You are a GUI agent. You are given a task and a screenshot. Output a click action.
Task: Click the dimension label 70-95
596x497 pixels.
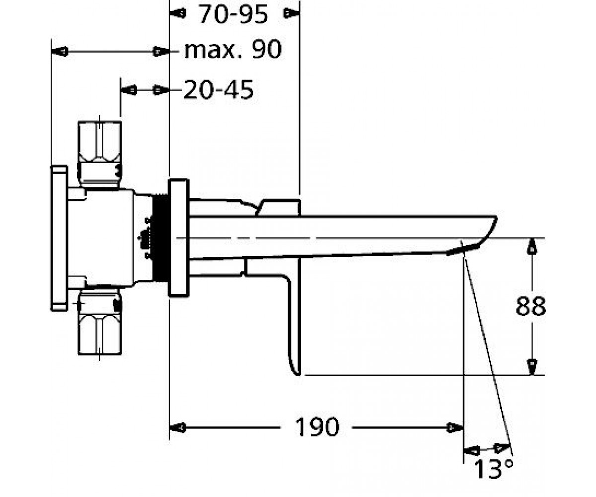[234, 14]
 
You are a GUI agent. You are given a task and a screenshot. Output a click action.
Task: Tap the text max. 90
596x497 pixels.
[233, 50]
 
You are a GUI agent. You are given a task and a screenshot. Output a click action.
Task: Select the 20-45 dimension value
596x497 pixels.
[219, 89]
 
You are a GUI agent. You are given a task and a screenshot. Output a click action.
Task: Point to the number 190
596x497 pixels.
[317, 427]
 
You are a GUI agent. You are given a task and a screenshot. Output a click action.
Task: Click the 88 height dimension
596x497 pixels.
[530, 307]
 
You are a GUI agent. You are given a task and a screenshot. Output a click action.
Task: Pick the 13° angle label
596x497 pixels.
[494, 469]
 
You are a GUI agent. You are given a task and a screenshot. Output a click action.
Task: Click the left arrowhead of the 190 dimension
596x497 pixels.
[178, 428]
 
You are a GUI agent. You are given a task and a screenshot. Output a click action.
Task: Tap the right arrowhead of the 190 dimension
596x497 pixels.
[455, 428]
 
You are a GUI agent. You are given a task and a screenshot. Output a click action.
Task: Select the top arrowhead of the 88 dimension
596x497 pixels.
[531, 246]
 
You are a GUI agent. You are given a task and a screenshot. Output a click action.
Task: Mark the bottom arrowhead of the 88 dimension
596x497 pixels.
[531, 367]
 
